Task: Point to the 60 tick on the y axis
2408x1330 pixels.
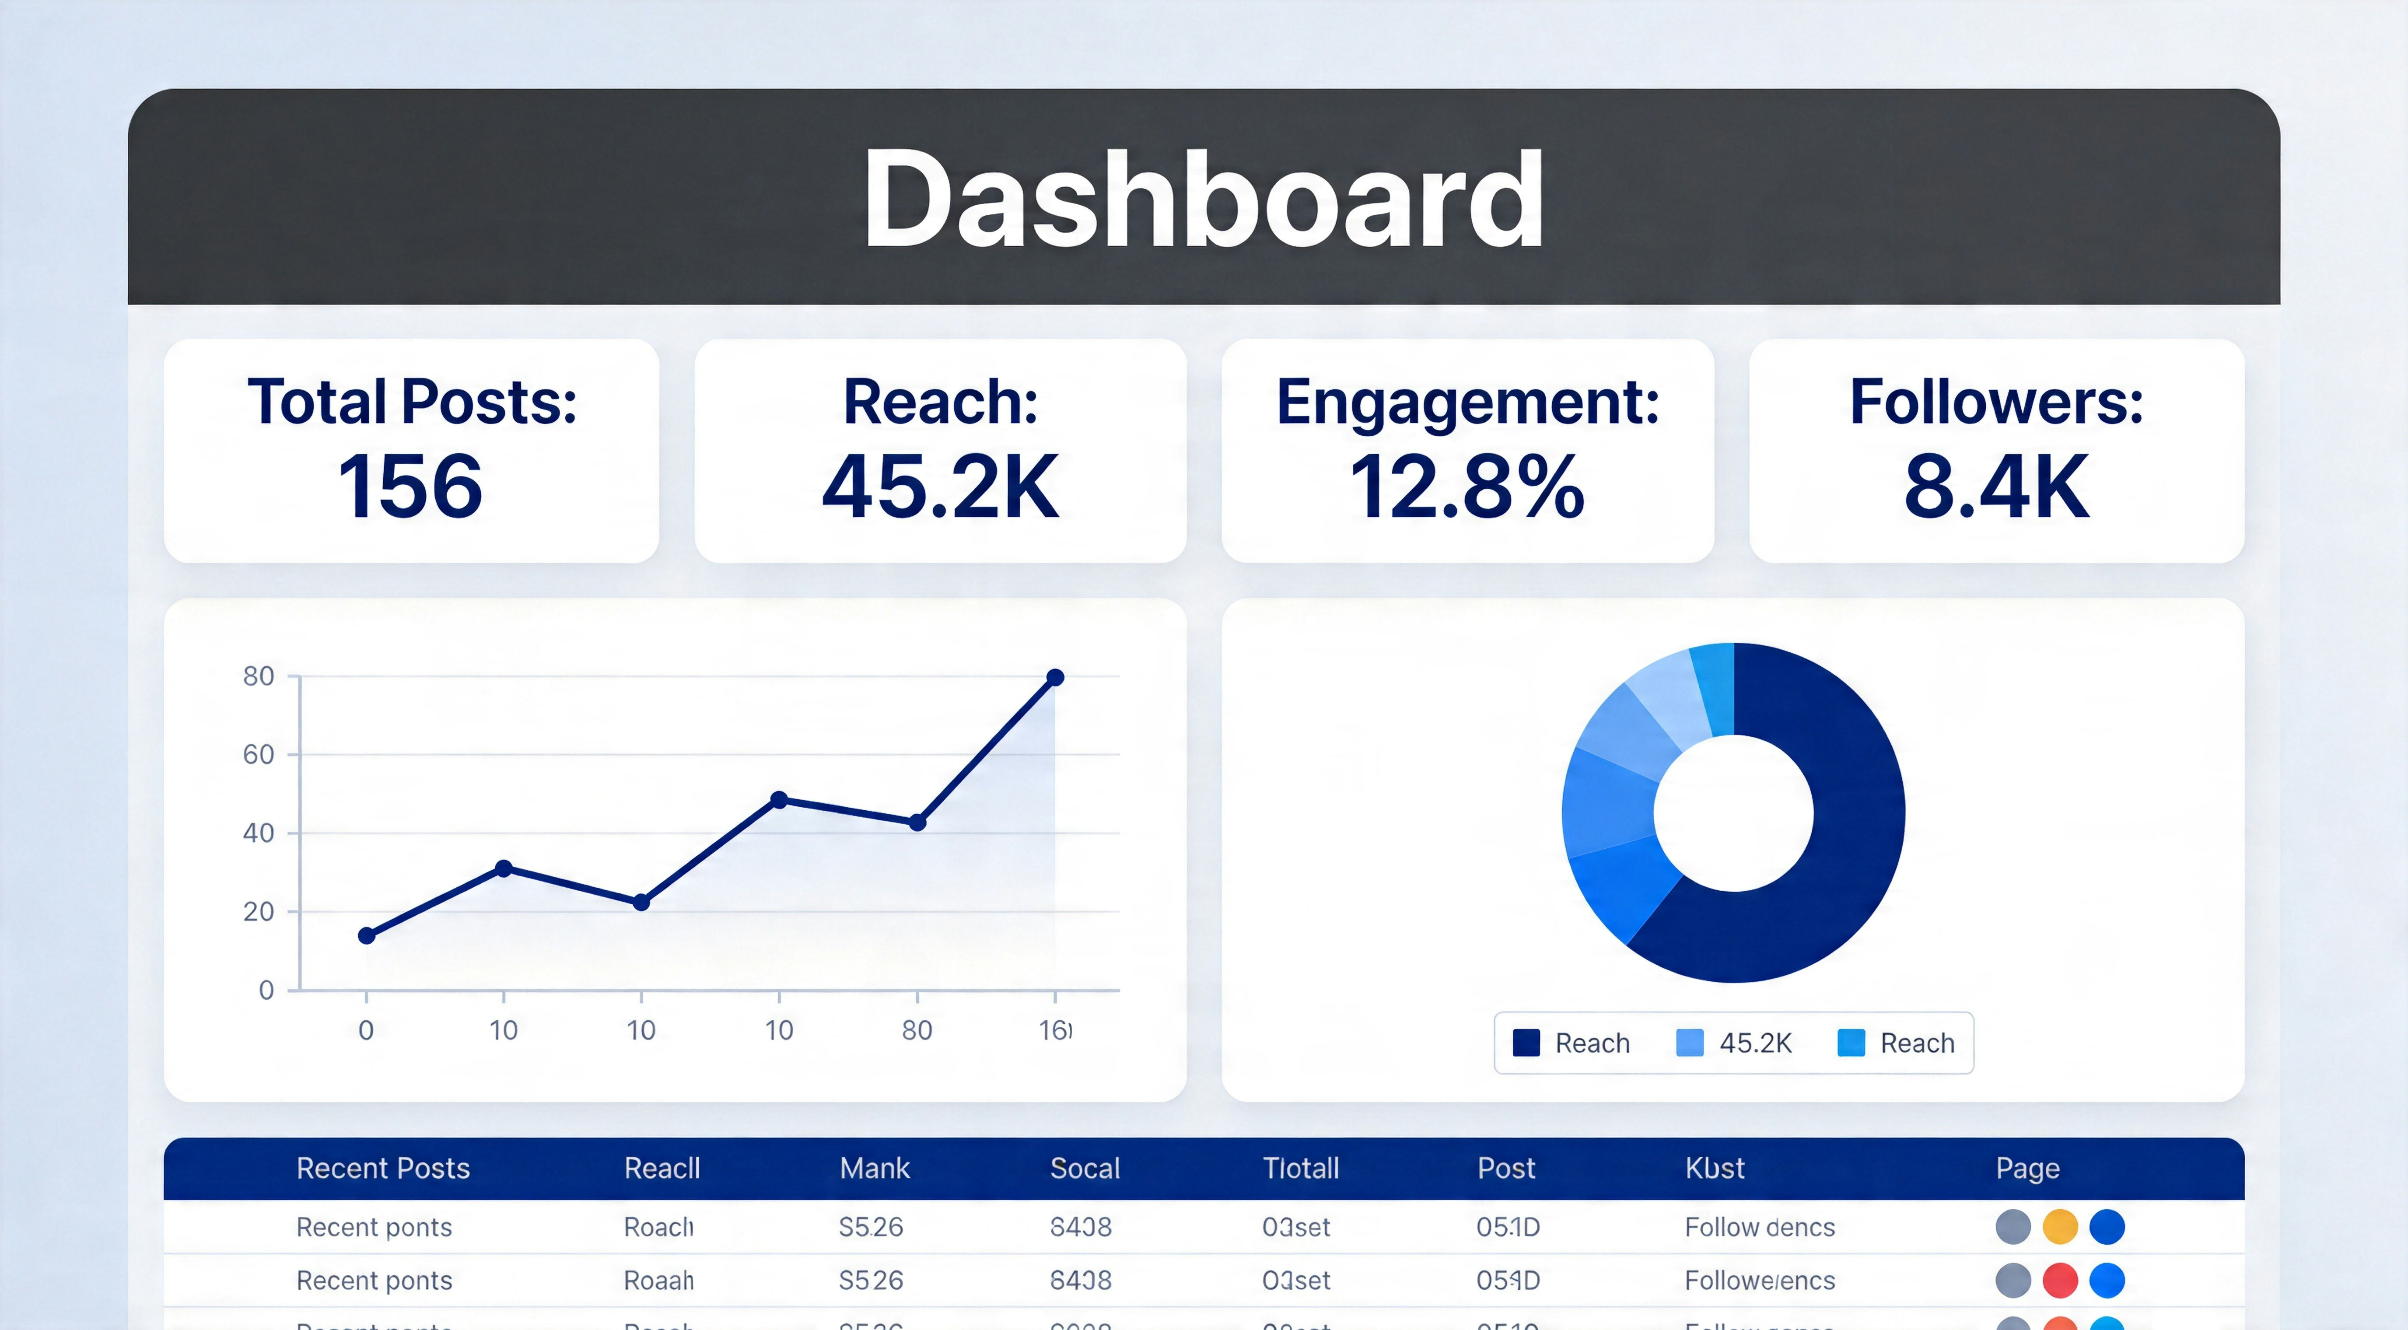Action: [259, 754]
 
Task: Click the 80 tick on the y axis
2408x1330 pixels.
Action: [259, 676]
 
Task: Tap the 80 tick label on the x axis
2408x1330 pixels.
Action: [917, 1030]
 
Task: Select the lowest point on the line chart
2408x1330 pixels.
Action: [367, 935]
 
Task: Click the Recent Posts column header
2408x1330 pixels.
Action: [383, 1168]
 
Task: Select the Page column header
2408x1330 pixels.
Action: [2027, 1168]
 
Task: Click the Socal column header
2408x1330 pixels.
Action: [1085, 1168]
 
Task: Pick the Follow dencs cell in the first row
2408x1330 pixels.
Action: [1759, 1227]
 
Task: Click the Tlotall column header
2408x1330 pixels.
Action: [1300, 1168]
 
